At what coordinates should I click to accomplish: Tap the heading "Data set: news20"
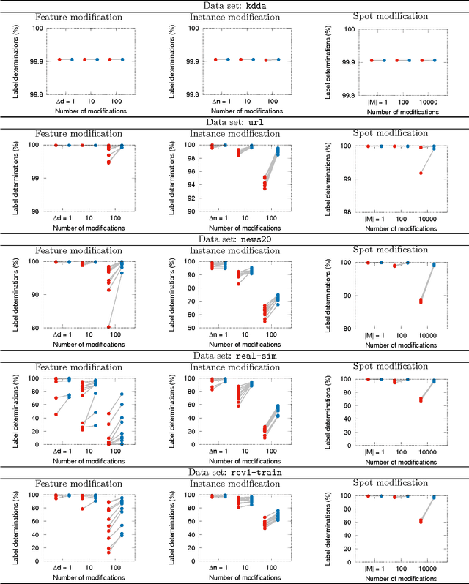point(234,239)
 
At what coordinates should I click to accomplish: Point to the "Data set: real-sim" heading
point(234,355)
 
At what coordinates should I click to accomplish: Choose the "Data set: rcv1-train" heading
point(234,472)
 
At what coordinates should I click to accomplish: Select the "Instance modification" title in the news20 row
point(234,250)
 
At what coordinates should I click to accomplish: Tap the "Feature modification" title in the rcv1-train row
point(79,484)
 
